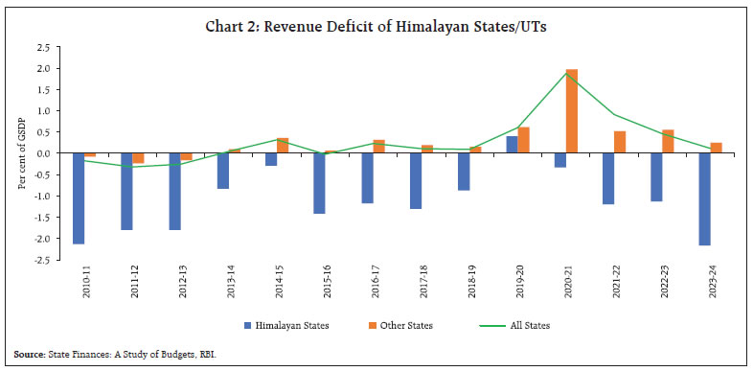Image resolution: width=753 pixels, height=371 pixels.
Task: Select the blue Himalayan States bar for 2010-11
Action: click(78, 198)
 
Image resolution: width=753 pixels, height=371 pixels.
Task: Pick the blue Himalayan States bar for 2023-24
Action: click(704, 199)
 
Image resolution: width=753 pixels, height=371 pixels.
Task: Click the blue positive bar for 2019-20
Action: click(512, 145)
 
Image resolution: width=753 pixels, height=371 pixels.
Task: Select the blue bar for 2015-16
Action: click(319, 183)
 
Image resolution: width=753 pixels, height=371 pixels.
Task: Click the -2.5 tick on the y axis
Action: click(43, 260)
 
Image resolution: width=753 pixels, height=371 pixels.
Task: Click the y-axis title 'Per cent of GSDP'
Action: click(22, 153)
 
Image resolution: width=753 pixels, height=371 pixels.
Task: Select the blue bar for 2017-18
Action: click(415, 181)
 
